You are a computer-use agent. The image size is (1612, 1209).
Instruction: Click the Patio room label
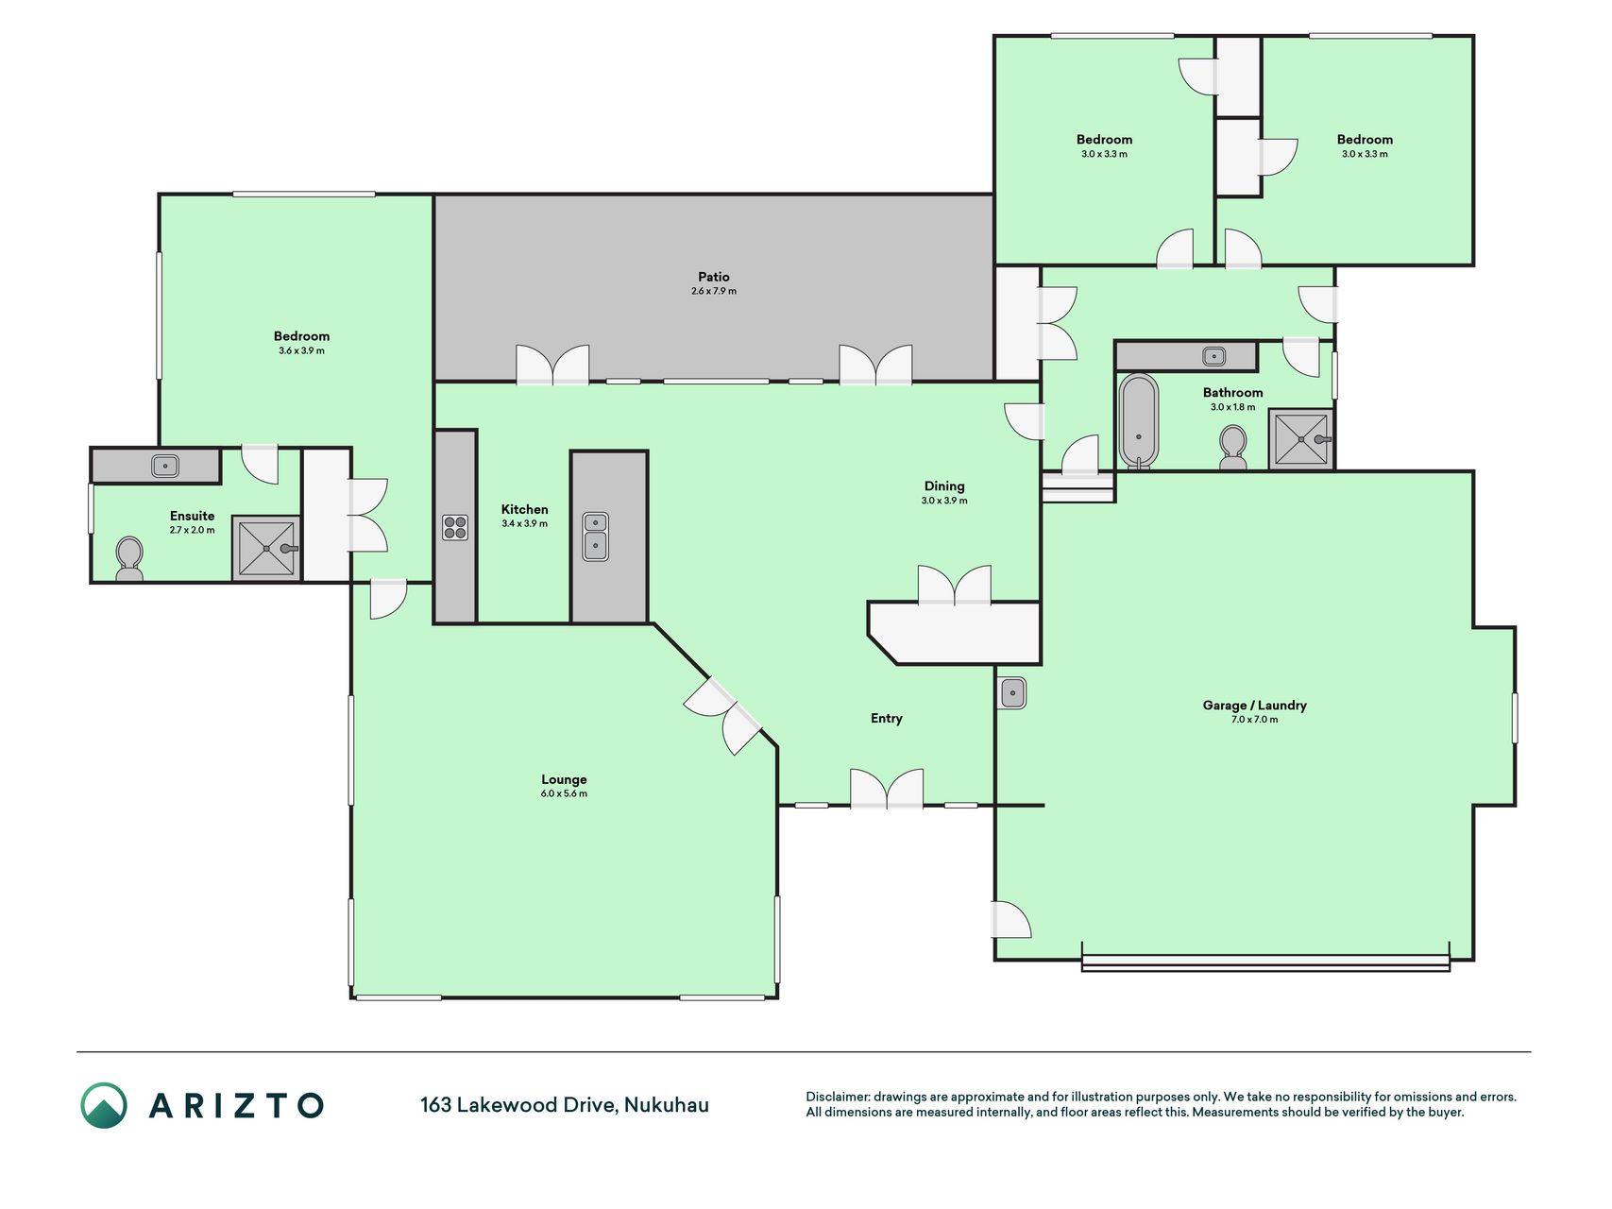(714, 277)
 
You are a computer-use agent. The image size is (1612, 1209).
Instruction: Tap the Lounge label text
(564, 779)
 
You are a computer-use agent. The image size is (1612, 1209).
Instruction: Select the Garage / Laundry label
(1254, 705)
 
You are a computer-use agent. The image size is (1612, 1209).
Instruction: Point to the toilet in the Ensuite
(129, 558)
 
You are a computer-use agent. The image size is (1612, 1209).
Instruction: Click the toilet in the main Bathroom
(1233, 447)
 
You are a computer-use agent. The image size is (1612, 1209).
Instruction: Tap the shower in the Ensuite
(266, 548)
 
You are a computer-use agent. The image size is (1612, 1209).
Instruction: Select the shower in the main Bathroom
(1301, 438)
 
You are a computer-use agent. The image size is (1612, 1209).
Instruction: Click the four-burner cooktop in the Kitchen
(455, 527)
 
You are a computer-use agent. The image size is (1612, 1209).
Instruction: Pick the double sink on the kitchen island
(596, 536)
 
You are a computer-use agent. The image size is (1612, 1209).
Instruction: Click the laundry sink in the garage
(1012, 693)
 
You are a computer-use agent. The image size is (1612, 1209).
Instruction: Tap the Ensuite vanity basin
(165, 466)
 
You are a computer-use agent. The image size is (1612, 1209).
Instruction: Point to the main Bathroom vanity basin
(1214, 356)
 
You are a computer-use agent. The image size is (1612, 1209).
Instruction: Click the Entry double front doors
(887, 790)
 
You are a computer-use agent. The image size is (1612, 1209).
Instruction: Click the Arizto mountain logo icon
(104, 1105)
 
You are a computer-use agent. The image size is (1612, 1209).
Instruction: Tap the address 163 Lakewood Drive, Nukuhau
(565, 1104)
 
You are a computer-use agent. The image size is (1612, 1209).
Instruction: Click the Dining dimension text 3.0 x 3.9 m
(944, 501)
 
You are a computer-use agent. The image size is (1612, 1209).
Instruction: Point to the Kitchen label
(524, 509)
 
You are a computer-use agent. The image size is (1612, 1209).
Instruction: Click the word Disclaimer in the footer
(837, 1097)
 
